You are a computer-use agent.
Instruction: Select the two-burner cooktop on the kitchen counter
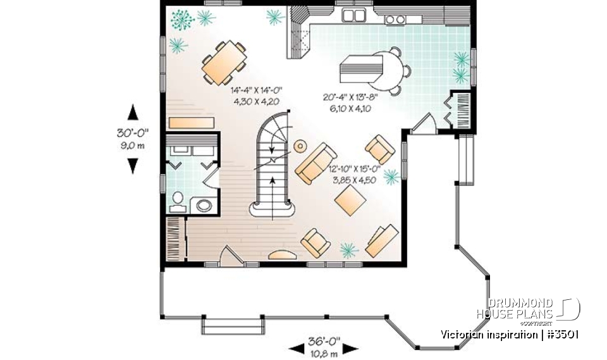click(395, 20)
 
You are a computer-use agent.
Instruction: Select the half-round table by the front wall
click(281, 255)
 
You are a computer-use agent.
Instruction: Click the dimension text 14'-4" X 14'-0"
click(255, 91)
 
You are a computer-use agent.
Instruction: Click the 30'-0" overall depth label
click(133, 134)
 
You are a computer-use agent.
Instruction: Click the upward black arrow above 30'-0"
click(133, 113)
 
